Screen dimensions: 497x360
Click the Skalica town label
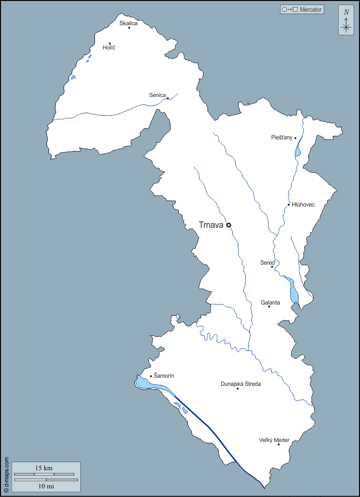coord(128,23)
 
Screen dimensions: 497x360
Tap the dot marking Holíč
coord(110,43)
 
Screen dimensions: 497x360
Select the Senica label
coord(158,95)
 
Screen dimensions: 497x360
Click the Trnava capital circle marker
coord(229,225)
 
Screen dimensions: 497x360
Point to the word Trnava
coord(211,225)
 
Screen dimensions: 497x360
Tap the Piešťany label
coord(282,137)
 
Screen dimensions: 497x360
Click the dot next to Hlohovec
coord(289,205)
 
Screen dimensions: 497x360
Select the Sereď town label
coord(267,263)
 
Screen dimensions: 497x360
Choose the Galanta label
coord(270,303)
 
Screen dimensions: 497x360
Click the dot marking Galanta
coord(269,307)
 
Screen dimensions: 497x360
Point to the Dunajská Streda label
coord(241,384)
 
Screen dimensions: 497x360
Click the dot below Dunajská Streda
coord(237,388)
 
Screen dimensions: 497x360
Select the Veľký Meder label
coord(274,440)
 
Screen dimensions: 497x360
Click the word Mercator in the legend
coord(311,9)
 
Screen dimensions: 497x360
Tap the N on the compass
coord(346,12)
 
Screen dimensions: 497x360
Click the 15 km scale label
coord(44,468)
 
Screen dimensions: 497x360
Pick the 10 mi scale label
coord(46,485)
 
